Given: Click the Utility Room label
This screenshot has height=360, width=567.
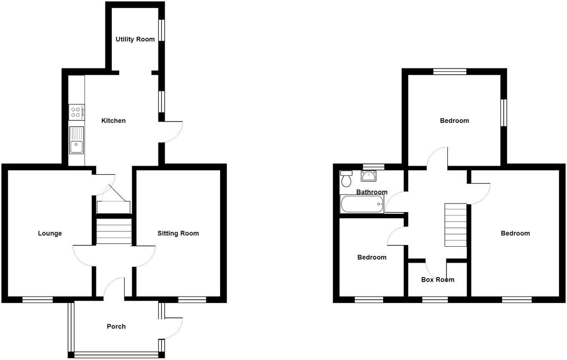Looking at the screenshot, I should pos(135,39).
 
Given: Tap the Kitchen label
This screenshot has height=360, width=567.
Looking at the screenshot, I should pos(113,121).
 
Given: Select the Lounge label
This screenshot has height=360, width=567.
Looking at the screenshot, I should pos(50,233).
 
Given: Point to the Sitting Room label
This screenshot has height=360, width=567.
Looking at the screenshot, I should pos(178,233).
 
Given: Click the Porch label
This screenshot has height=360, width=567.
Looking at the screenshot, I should pos(116,326).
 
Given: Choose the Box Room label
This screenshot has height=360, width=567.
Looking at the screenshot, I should pos(437,280).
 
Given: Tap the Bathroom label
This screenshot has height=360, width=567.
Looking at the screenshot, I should pos(371,192).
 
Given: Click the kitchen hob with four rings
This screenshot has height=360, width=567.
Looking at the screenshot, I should pos(76,112).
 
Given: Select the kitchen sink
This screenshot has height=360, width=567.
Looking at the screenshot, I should pos(76,140).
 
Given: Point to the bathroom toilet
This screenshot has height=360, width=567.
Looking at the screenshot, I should pos(346,178).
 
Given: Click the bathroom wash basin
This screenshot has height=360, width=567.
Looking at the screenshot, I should pos(369,176).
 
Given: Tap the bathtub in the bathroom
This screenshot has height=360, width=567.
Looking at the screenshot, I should pos(361,204).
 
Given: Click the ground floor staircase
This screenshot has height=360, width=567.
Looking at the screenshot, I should pos(113,231).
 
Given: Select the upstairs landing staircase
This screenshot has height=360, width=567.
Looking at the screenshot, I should pos(455,225).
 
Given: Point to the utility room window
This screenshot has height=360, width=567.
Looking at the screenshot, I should pos(162,30).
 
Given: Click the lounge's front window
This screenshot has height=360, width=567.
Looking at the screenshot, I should pos(38,299).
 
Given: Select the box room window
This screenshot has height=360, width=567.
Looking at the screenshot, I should pos(435,299).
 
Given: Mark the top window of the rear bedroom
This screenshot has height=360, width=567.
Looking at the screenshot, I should pos(449,72).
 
